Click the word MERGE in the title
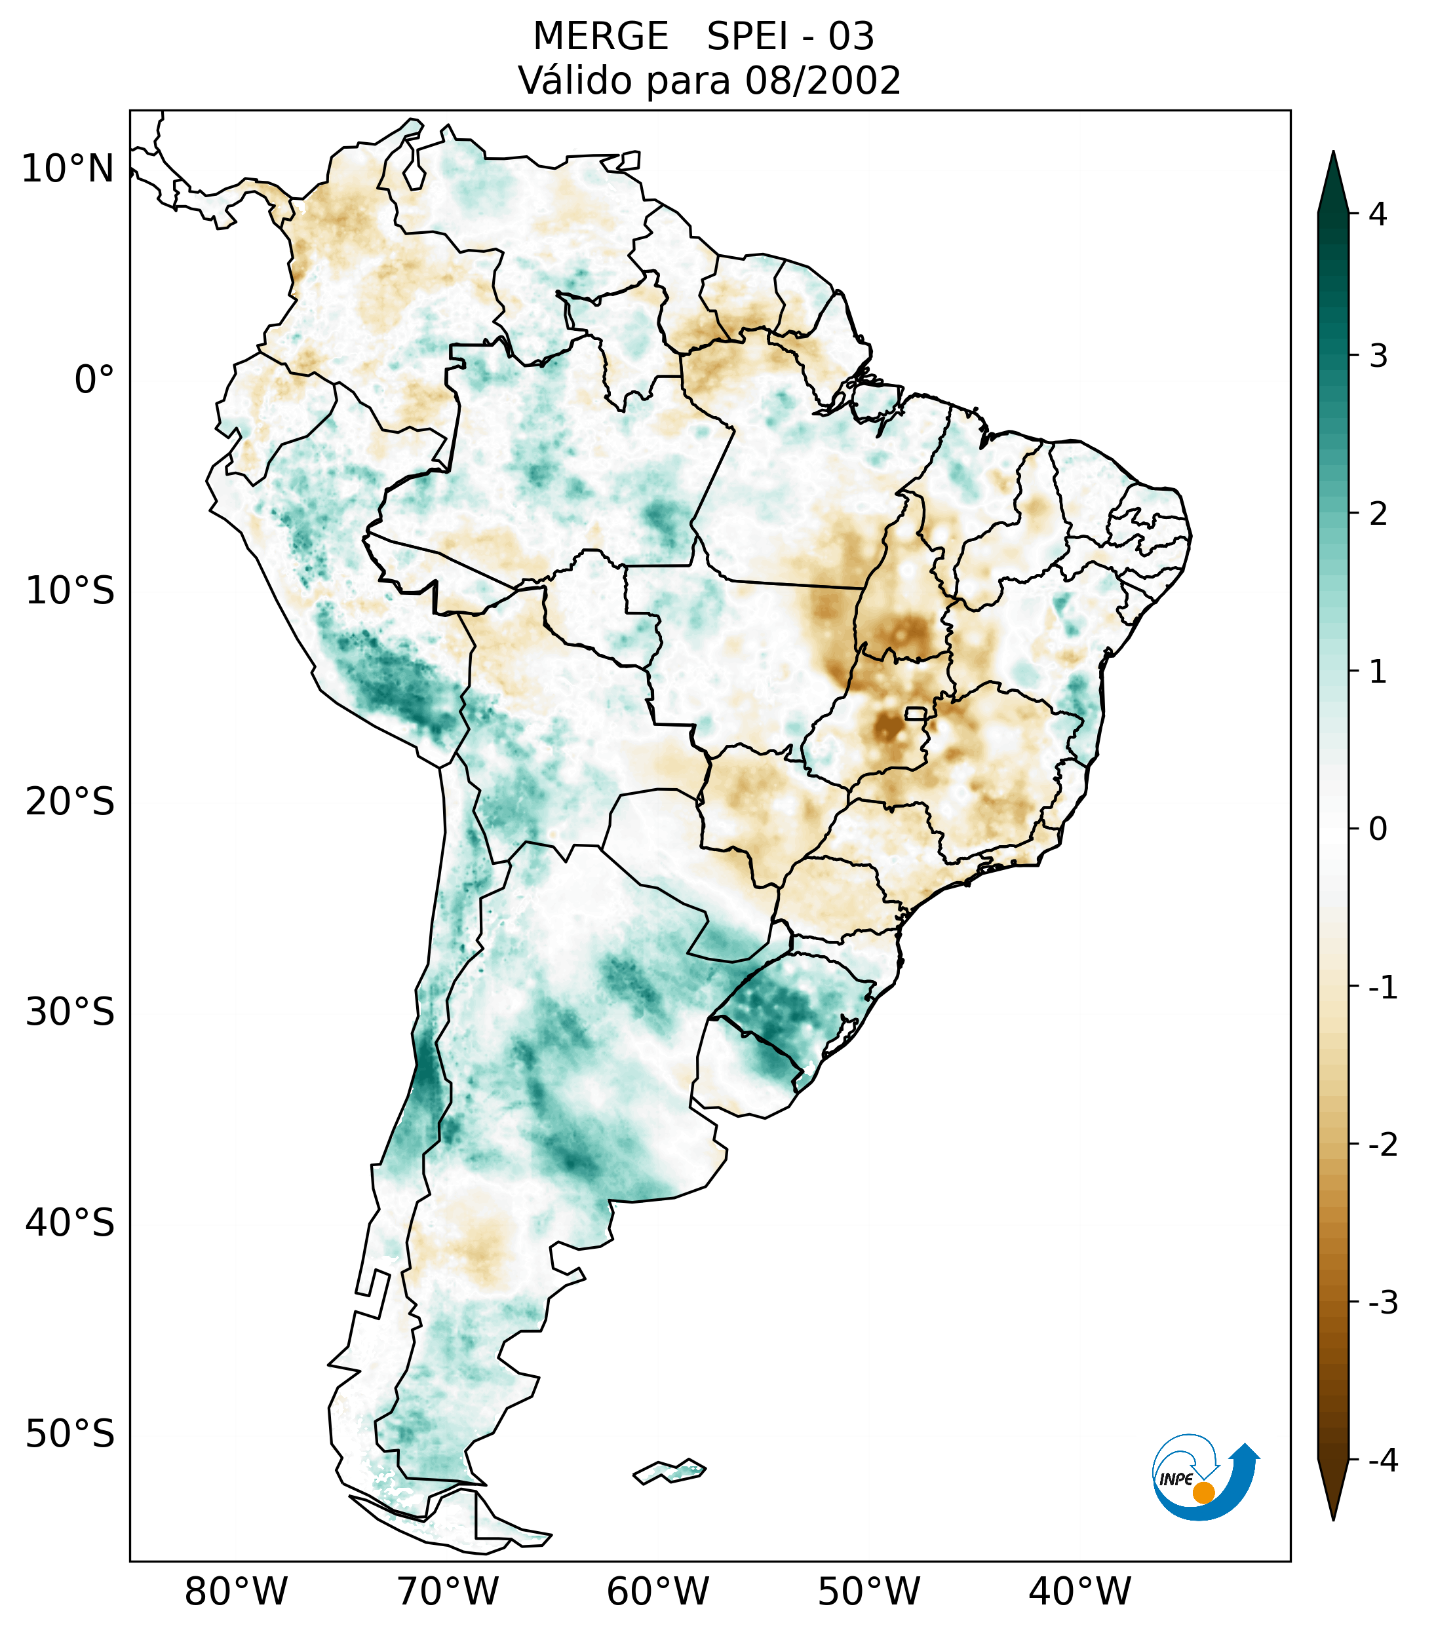(x=600, y=37)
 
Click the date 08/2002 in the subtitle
(x=823, y=81)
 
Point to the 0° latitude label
(x=94, y=380)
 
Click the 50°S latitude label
(x=70, y=1435)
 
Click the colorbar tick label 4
(x=1378, y=214)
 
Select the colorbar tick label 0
(x=1378, y=829)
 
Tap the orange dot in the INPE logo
(x=1203, y=1492)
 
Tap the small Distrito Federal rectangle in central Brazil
(x=915, y=712)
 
